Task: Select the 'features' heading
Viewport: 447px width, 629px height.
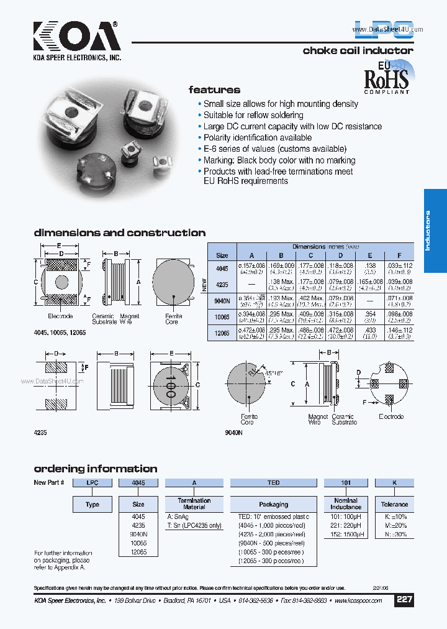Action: (x=214, y=90)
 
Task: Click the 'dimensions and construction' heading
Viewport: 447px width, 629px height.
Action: (x=119, y=233)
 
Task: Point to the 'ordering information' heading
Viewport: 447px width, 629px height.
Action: (x=95, y=469)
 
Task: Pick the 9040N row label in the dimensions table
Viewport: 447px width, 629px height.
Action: (x=222, y=299)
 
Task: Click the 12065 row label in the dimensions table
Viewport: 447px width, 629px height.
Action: (x=222, y=334)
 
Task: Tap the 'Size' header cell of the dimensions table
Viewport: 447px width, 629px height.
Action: (x=222, y=255)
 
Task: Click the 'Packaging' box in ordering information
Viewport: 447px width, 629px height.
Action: (x=274, y=504)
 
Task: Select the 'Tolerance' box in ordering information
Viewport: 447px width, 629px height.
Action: (x=394, y=504)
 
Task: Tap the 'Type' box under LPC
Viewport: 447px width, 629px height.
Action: (x=93, y=504)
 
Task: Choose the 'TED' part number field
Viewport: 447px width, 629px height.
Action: (x=274, y=482)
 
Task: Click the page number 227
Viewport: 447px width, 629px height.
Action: (x=404, y=601)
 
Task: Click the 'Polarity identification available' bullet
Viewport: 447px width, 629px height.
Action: (x=258, y=137)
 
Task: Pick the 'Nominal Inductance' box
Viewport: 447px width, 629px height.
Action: (x=346, y=503)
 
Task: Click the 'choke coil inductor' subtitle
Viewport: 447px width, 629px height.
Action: (x=358, y=50)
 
